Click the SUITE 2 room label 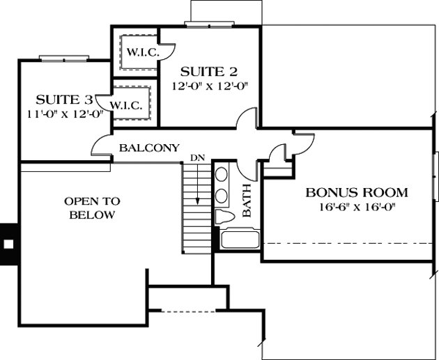click(209, 71)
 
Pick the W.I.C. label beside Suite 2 click(141, 52)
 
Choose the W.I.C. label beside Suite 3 click(126, 106)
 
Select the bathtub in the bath click(240, 240)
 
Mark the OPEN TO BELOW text click(92, 208)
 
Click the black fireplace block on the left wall click(8, 244)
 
